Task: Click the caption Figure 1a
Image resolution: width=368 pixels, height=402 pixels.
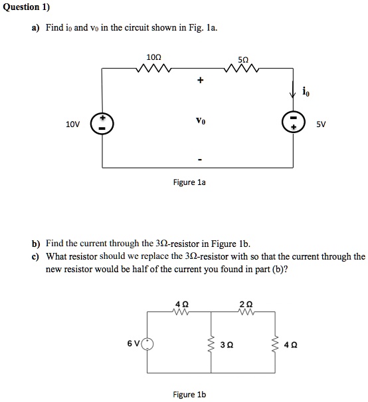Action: (191, 182)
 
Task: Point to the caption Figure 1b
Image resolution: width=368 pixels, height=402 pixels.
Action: (189, 394)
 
